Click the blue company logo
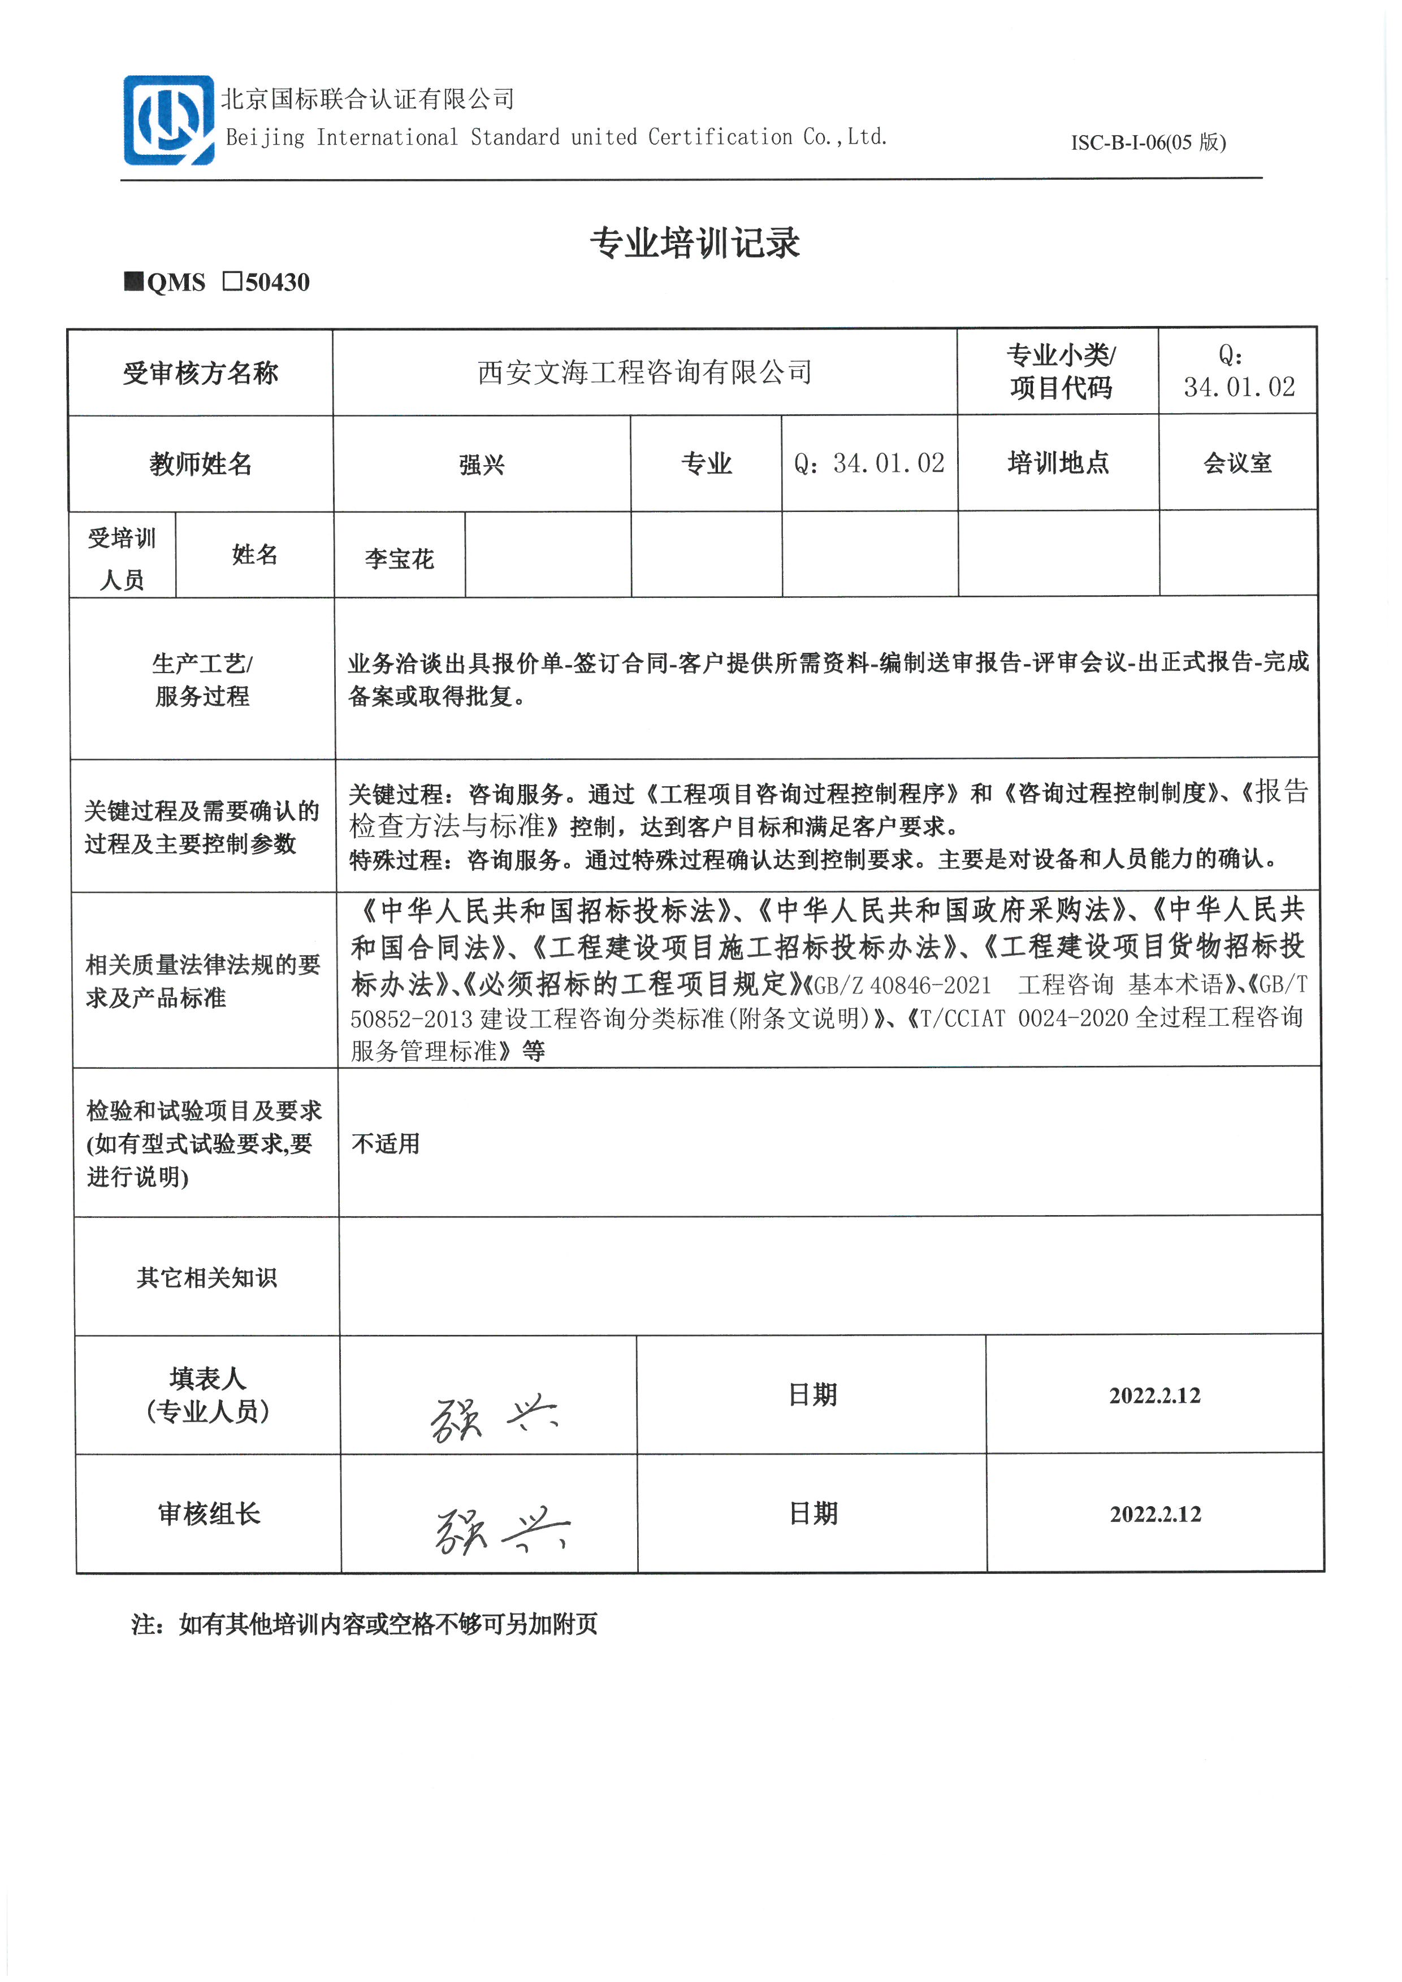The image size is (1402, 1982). click(x=168, y=120)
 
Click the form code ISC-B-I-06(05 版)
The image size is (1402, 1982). click(x=1148, y=142)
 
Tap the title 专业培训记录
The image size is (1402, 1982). click(x=694, y=244)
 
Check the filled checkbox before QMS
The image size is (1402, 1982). click(x=134, y=281)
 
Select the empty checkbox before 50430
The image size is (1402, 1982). click(x=232, y=281)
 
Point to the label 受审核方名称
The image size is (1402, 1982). click(x=200, y=373)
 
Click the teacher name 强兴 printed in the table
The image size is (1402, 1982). click(x=482, y=465)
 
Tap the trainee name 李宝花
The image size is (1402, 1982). click(x=399, y=558)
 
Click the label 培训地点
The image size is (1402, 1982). click(x=1058, y=463)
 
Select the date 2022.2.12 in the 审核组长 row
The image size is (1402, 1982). click(x=1155, y=1514)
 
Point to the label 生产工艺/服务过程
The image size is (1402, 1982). click(x=202, y=679)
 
